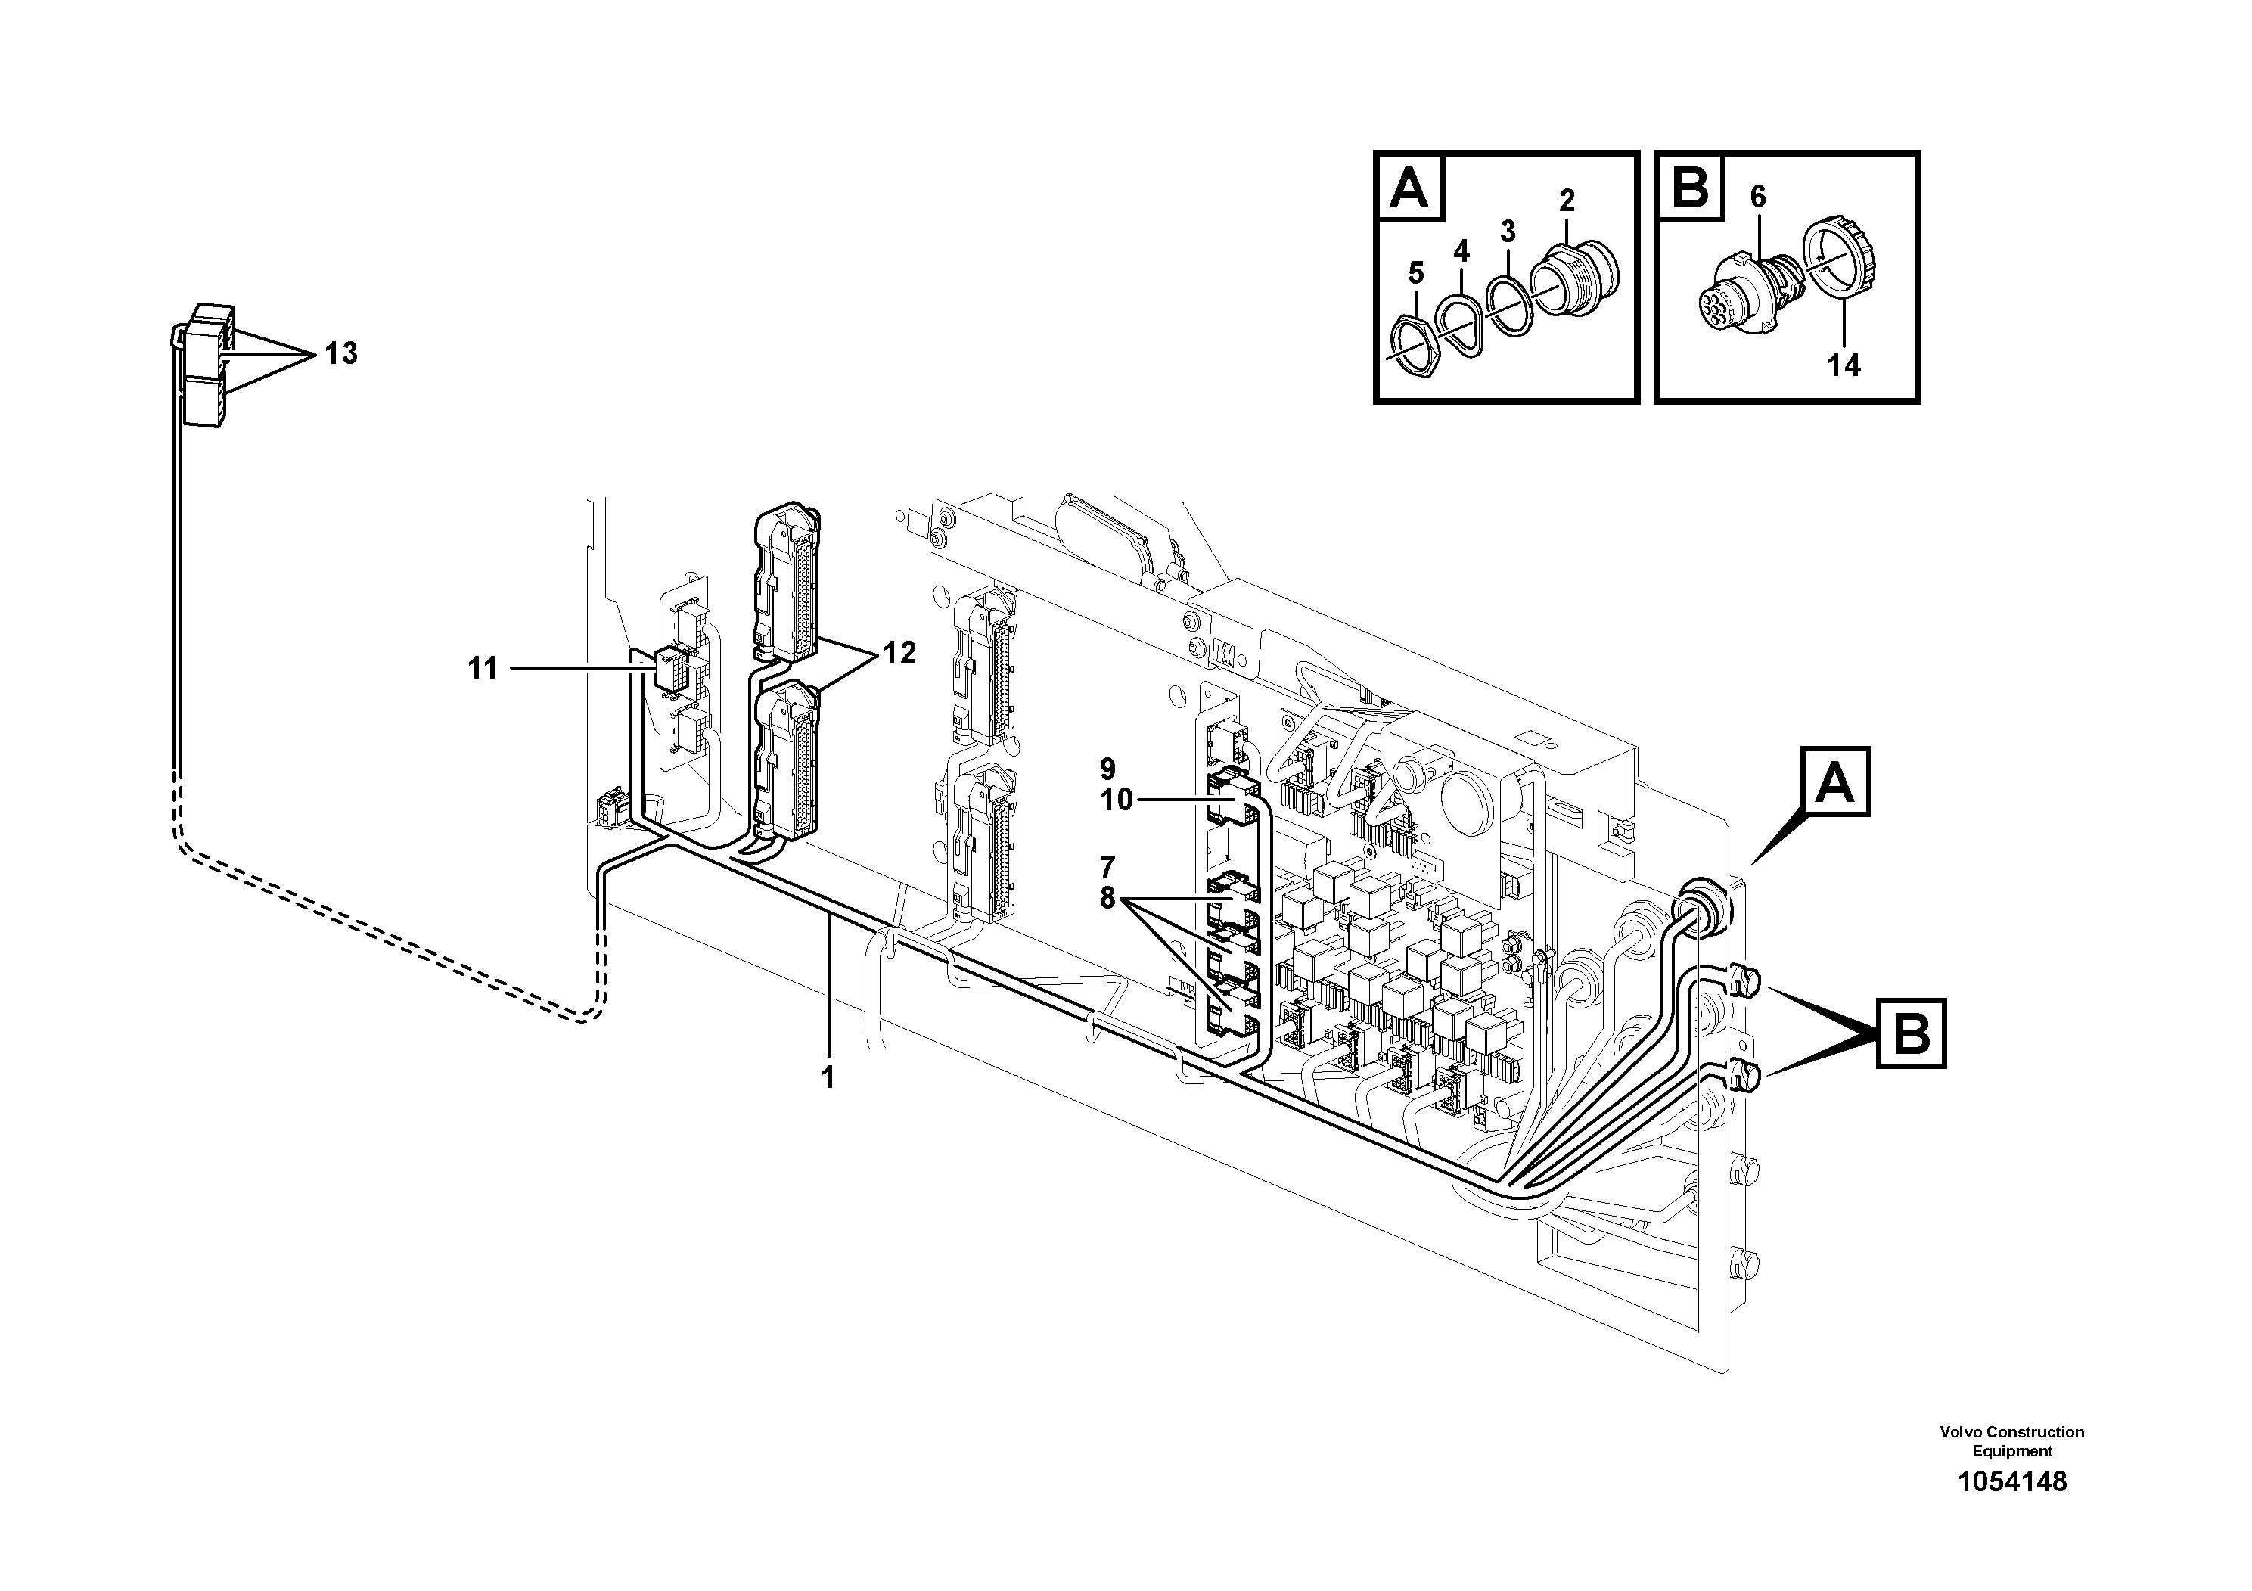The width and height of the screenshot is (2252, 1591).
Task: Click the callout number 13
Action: (341, 353)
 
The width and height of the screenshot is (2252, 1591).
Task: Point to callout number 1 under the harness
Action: (828, 1078)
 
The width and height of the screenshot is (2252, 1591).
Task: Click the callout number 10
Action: (1117, 800)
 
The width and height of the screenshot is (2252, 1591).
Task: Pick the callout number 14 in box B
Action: (1843, 366)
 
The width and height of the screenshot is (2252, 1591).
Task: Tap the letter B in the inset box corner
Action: (1690, 186)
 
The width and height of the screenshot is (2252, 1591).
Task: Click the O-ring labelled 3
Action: (1509, 305)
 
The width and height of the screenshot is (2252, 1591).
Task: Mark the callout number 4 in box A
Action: (1461, 251)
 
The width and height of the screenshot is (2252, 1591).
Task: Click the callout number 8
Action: (1107, 897)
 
